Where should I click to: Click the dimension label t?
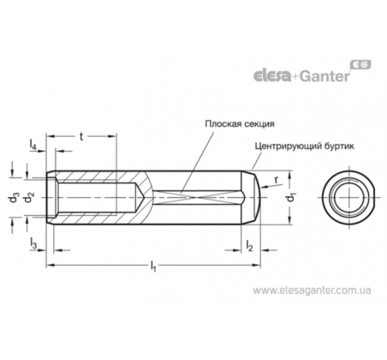[81, 137]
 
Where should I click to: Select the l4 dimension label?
[33, 144]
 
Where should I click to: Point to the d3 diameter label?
[14, 198]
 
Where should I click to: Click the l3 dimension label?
[33, 243]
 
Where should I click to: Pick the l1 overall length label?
[153, 266]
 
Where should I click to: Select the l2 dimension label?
[249, 245]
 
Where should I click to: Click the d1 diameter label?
[292, 197]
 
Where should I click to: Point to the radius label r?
[276, 180]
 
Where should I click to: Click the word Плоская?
[221, 124]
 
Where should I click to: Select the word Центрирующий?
[289, 147]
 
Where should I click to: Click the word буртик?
[339, 147]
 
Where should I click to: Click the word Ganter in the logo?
[325, 76]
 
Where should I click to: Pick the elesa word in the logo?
[272, 76]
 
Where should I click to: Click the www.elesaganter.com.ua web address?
[312, 291]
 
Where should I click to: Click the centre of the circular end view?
[348, 197]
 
